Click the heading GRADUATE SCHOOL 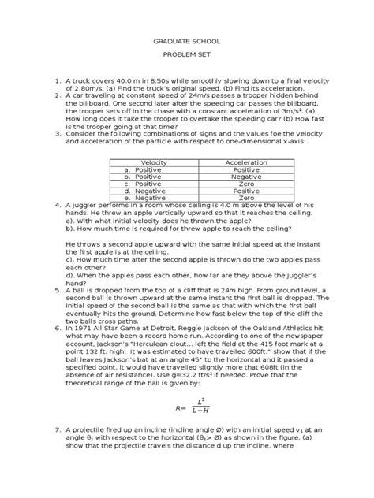(x=187, y=47)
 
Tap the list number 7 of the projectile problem (x=58, y=456)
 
